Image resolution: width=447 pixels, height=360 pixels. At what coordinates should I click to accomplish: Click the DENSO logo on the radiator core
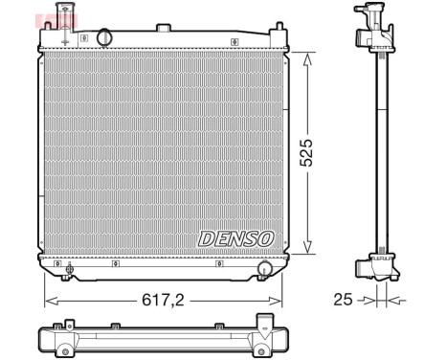tap(235, 236)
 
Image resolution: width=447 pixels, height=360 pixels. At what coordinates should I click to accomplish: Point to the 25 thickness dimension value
tap(343, 300)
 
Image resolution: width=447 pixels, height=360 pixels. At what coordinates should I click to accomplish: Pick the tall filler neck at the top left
tap(66, 24)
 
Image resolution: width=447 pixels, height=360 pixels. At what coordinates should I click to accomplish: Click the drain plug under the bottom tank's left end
tap(69, 274)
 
